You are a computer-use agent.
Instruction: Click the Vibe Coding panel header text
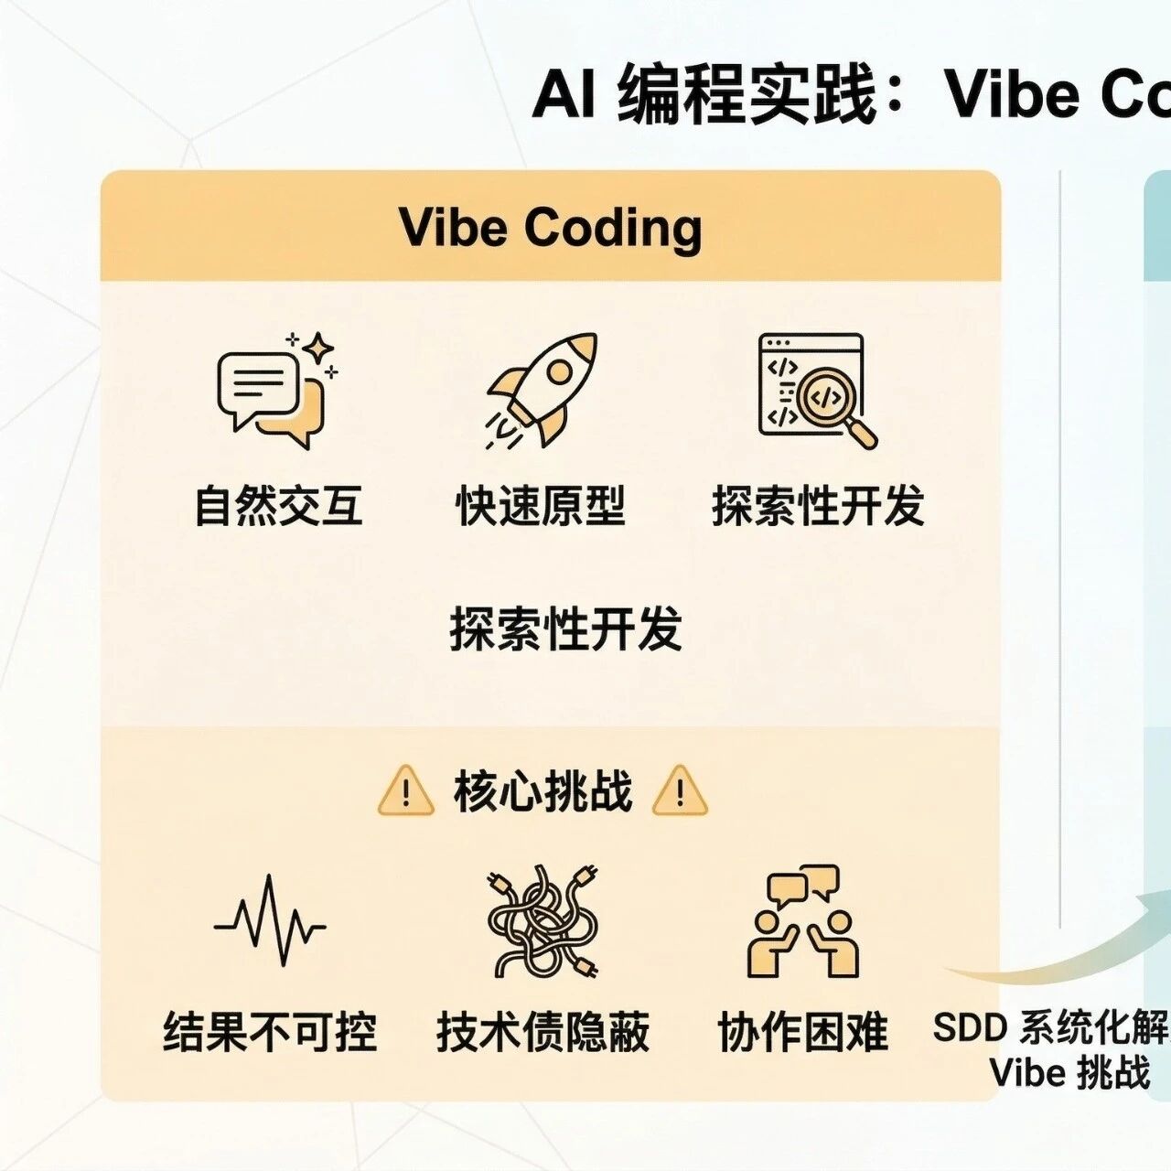[x=551, y=228]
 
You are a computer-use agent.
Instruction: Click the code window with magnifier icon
[x=815, y=389]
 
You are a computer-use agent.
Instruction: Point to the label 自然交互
[x=279, y=506]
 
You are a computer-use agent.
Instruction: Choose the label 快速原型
[x=541, y=506]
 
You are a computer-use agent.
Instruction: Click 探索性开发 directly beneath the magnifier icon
[x=818, y=506]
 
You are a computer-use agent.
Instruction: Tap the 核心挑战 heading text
[x=543, y=791]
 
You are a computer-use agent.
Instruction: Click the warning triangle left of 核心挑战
[x=405, y=792]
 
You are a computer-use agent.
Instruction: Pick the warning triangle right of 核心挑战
[x=680, y=792]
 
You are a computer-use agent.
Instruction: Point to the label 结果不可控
[x=270, y=1032]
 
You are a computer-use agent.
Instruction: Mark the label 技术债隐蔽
[x=543, y=1032]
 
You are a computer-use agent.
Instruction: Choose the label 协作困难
[x=803, y=1032]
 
